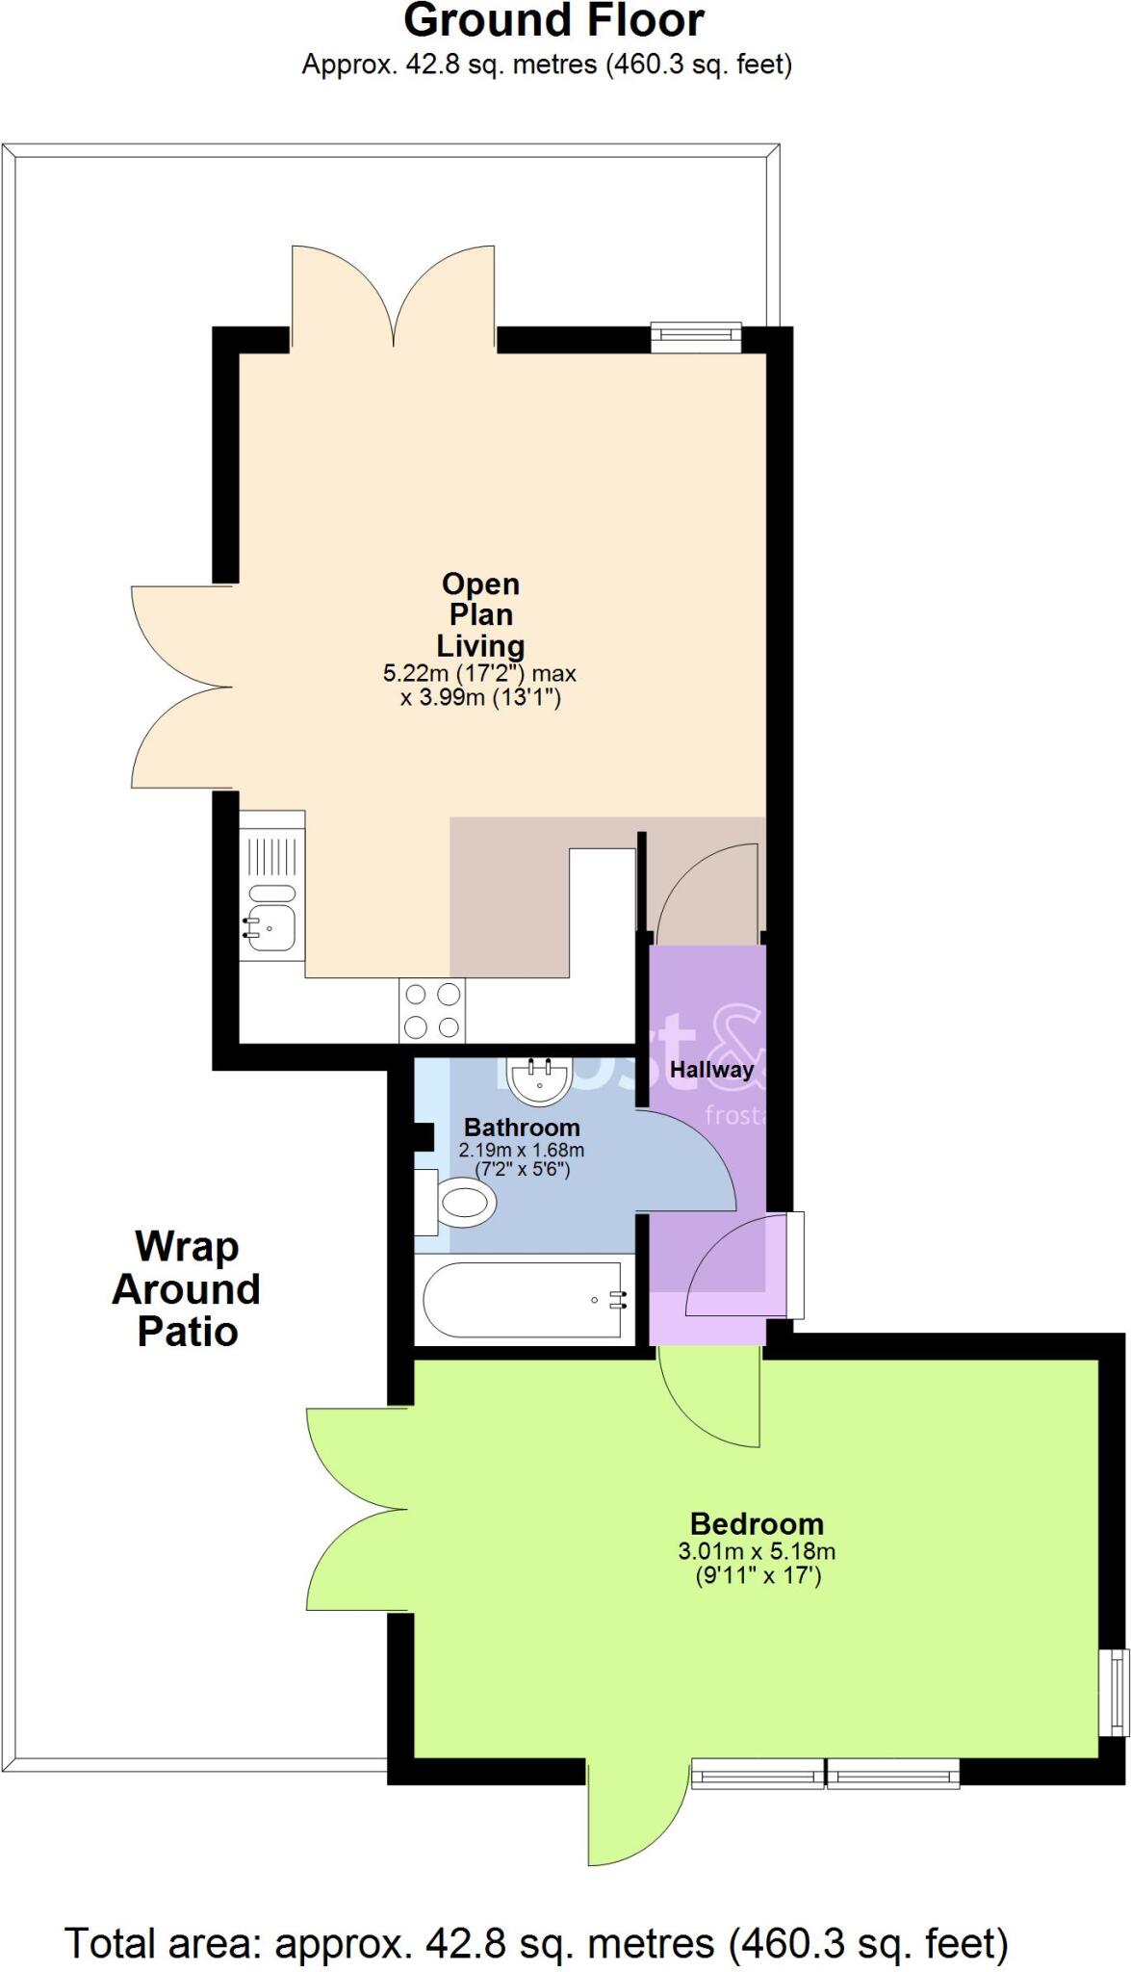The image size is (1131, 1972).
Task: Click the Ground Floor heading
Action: pyautogui.click(x=553, y=21)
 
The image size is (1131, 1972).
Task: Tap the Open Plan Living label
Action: pyautogui.click(x=480, y=614)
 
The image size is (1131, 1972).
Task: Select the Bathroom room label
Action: pyautogui.click(x=522, y=1128)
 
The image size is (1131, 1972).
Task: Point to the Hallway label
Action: pyautogui.click(x=711, y=1069)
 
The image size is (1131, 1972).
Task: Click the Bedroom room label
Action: pyautogui.click(x=757, y=1524)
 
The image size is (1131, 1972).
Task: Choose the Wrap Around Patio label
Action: pyautogui.click(x=187, y=1289)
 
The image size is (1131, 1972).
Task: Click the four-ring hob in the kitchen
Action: pyautogui.click(x=432, y=1010)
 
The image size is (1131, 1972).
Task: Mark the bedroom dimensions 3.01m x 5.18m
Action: pyautogui.click(x=757, y=1551)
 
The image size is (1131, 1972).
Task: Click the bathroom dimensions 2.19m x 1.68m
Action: pyautogui.click(x=522, y=1150)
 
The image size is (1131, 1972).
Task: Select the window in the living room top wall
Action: pyautogui.click(x=696, y=336)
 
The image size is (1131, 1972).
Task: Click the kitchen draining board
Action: pyautogui.click(x=271, y=856)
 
